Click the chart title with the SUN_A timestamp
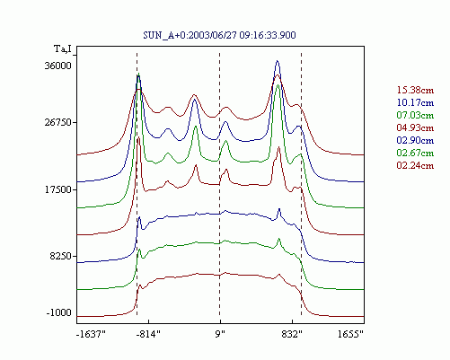[x=219, y=35]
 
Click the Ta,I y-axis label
[x=63, y=48]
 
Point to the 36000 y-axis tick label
[x=58, y=66]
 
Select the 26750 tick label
[x=58, y=123]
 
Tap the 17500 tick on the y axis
[x=58, y=189]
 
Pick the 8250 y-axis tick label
[x=61, y=257]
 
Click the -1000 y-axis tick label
[x=59, y=313]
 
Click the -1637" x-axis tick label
[x=91, y=334]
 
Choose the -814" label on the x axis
[x=148, y=334]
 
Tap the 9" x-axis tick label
[x=220, y=334]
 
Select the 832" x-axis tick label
[x=292, y=334]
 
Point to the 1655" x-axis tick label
[x=350, y=334]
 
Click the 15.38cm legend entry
[x=415, y=90]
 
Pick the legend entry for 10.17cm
[x=415, y=102]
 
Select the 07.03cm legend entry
[x=415, y=115]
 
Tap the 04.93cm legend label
[x=415, y=127]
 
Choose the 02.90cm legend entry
[x=415, y=140]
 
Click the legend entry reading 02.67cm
[x=415, y=153]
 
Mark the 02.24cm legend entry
[x=415, y=165]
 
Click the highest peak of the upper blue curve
[x=278, y=61]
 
